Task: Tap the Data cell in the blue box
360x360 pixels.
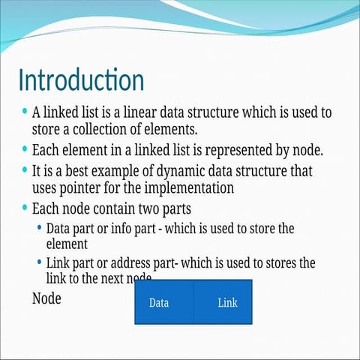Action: click(158, 303)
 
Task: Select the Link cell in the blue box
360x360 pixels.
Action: click(227, 303)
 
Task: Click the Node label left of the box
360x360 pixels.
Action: click(46, 298)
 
